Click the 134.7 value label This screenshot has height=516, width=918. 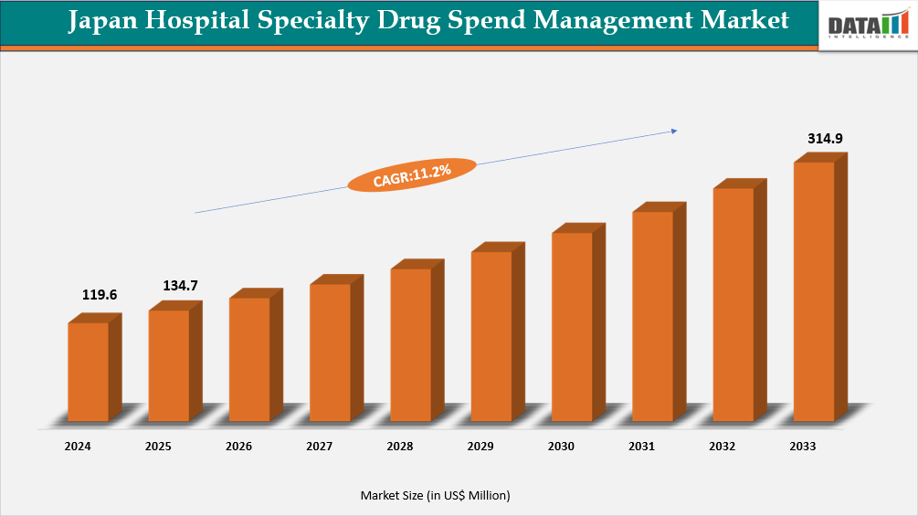(181, 286)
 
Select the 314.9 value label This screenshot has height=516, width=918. (825, 139)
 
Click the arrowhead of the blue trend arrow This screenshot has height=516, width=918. (674, 131)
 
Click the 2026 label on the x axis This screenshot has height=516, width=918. (239, 447)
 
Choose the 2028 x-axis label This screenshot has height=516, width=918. (400, 447)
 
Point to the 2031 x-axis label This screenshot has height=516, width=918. (641, 447)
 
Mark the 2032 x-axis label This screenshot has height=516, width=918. (722, 447)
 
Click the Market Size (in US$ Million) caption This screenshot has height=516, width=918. (435, 495)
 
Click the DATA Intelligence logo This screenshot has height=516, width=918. (867, 25)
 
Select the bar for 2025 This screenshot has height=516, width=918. (169, 365)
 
